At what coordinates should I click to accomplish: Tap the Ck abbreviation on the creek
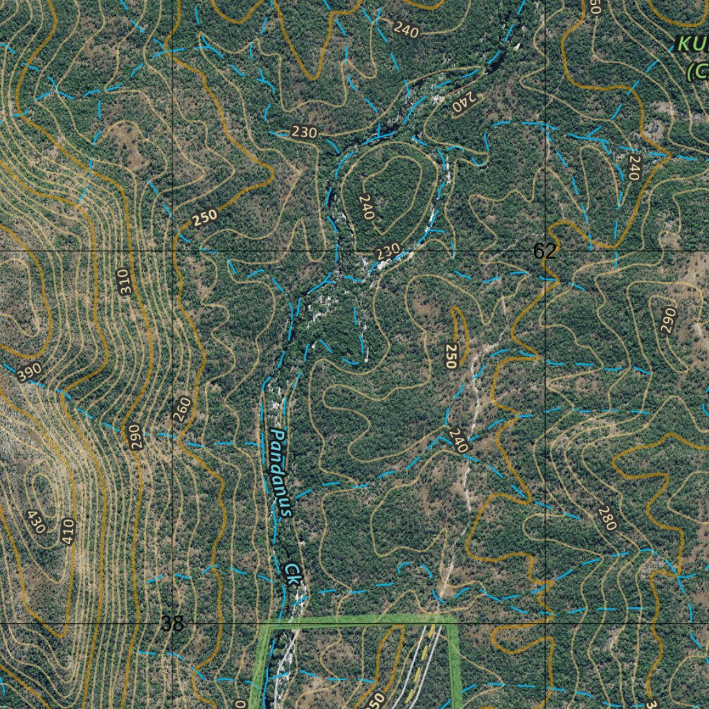pyautogui.click(x=294, y=573)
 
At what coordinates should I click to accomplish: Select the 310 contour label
pyautogui.click(x=125, y=282)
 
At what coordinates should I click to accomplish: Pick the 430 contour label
pyautogui.click(x=35, y=521)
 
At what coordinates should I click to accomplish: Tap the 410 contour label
pyautogui.click(x=67, y=531)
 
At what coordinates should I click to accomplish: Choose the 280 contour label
pyautogui.click(x=607, y=518)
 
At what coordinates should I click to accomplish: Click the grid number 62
pyautogui.click(x=544, y=251)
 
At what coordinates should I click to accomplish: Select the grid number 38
pyautogui.click(x=172, y=623)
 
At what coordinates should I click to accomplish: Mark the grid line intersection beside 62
pyautogui.click(x=546, y=250)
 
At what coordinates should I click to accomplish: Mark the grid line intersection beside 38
pyautogui.click(x=172, y=623)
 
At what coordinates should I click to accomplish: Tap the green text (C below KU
pyautogui.click(x=697, y=71)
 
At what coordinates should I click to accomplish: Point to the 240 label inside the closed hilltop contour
pyautogui.click(x=366, y=207)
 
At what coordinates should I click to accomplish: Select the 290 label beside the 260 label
pyautogui.click(x=136, y=437)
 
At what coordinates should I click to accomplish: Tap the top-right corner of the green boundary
pyautogui.click(x=454, y=619)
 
